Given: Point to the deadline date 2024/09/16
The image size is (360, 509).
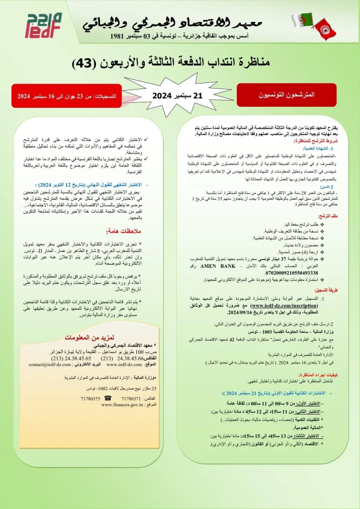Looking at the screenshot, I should click(241, 312).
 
